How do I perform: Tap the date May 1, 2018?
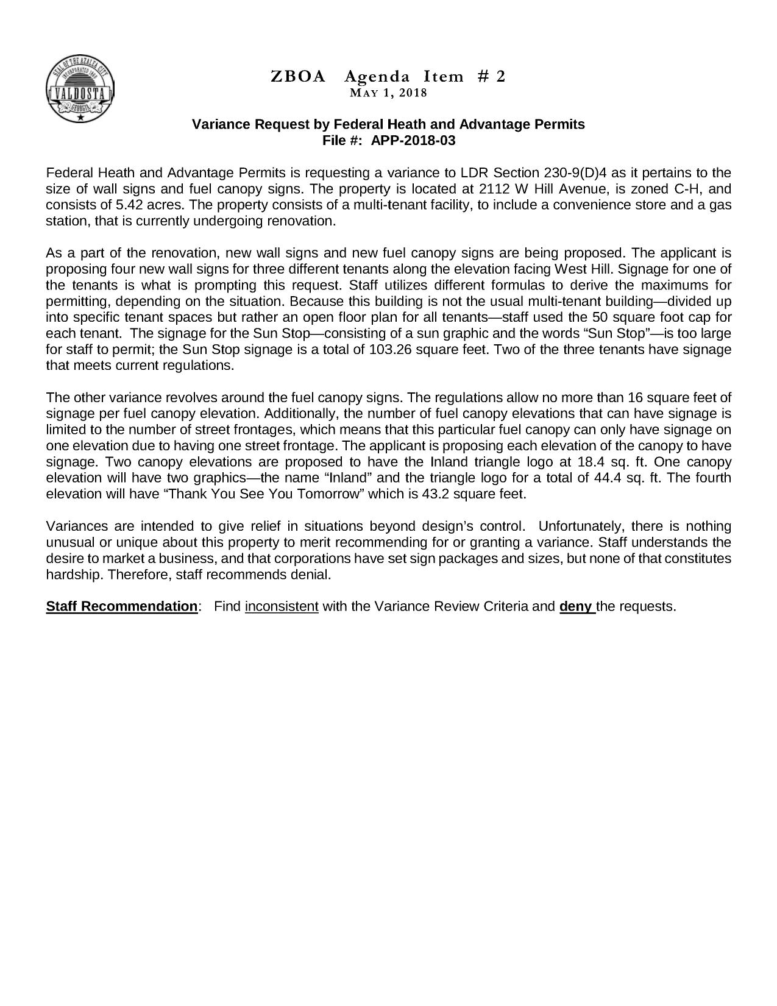click(388, 93)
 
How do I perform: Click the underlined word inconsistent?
click(282, 607)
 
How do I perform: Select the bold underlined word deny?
click(576, 607)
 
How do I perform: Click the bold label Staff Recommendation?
click(122, 607)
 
